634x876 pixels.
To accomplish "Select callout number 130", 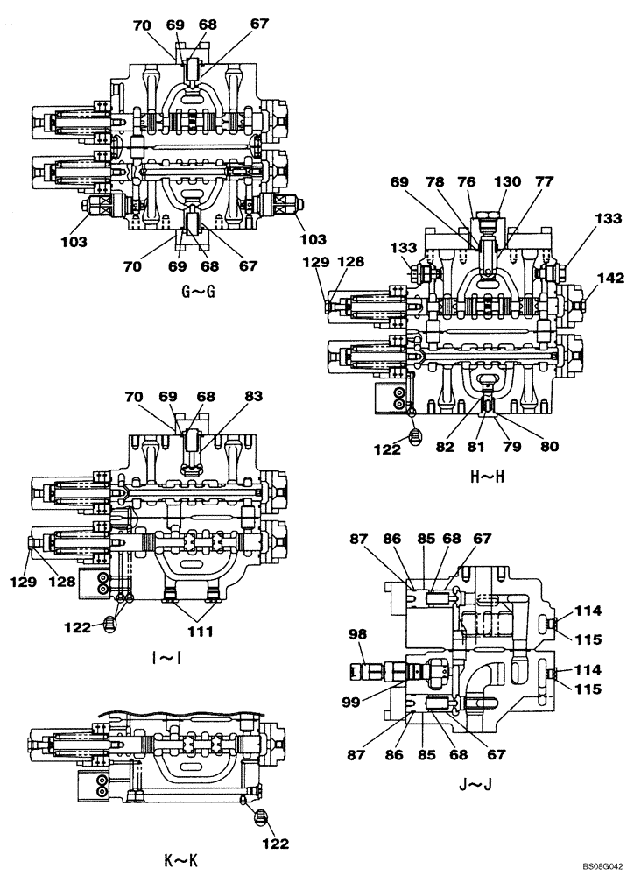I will pyautogui.click(x=508, y=182).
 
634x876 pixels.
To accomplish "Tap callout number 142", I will pyautogui.click(x=611, y=279).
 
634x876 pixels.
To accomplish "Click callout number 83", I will pyautogui.click(x=253, y=397).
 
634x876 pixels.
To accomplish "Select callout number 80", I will pyautogui.click(x=551, y=446).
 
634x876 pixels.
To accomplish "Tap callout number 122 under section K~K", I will pyautogui.click(x=275, y=844).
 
